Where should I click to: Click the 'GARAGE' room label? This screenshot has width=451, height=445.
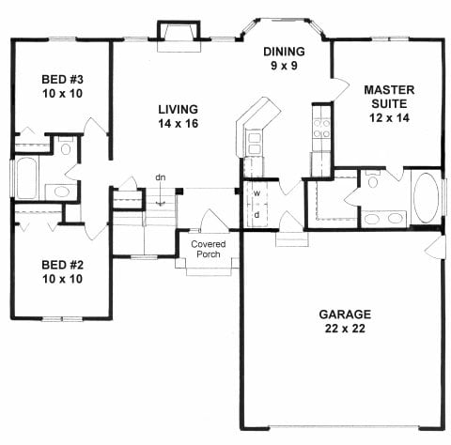[x=344, y=314]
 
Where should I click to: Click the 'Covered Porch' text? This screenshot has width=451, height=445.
[x=209, y=250]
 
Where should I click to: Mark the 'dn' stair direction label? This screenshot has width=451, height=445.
[x=161, y=177]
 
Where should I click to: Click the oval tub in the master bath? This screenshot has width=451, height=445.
[x=428, y=198]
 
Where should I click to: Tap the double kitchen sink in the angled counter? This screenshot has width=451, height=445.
[x=255, y=143]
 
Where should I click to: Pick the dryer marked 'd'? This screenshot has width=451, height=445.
[x=256, y=215]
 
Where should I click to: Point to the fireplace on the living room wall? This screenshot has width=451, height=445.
[x=179, y=34]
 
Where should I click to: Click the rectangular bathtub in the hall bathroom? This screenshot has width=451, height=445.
[x=25, y=178]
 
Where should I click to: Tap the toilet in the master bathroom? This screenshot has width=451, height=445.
[x=372, y=182]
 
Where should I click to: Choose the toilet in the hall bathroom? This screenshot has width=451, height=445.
[x=67, y=147]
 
